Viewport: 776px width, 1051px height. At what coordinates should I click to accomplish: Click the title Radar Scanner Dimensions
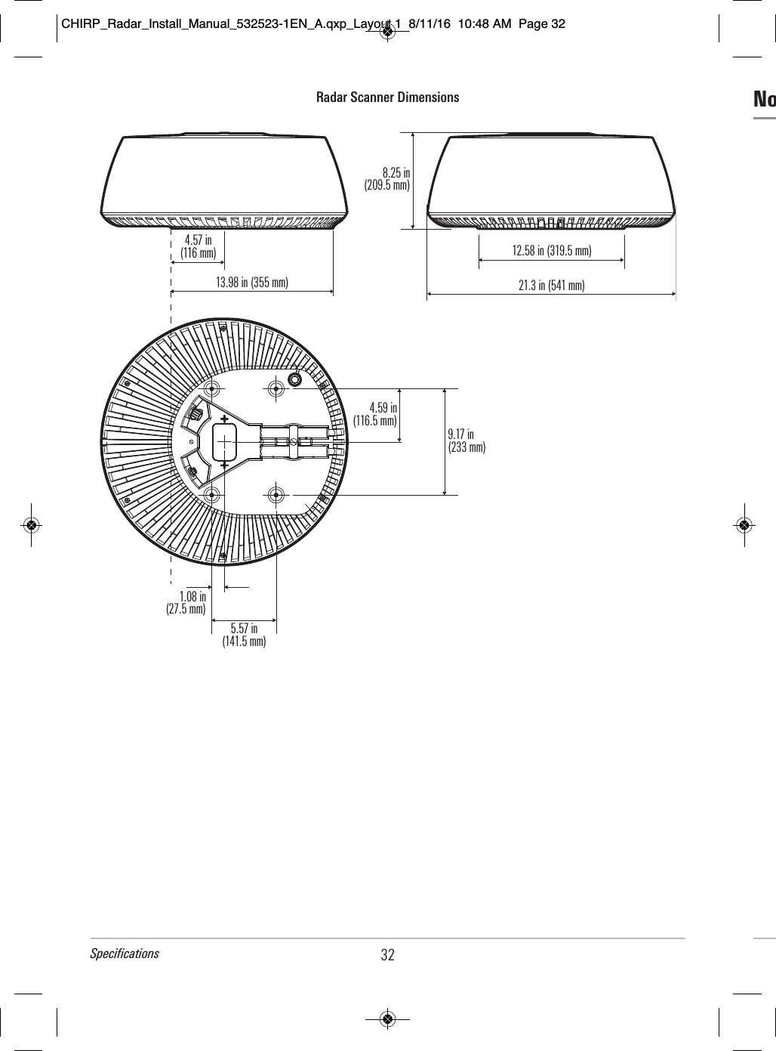pyautogui.click(x=387, y=97)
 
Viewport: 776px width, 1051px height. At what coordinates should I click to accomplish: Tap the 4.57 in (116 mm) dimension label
pyautogui.click(x=198, y=246)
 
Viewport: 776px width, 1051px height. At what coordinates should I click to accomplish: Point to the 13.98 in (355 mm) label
pyautogui.click(x=252, y=283)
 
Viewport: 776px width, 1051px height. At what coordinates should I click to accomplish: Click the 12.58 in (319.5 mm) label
pyautogui.click(x=552, y=250)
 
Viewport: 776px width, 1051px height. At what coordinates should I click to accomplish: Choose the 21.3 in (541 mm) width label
pyautogui.click(x=552, y=285)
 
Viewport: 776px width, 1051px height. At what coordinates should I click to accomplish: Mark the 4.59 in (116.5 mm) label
pyautogui.click(x=376, y=414)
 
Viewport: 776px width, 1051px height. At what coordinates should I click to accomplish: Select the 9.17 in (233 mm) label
pyautogui.click(x=467, y=440)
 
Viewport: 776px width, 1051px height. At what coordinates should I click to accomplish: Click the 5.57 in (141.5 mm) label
pyautogui.click(x=244, y=635)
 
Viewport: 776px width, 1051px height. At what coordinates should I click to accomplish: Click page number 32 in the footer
pyautogui.click(x=387, y=955)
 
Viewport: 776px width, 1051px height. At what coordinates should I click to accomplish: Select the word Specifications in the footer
pyautogui.click(x=125, y=953)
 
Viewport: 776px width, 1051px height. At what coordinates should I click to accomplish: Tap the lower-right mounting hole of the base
pyautogui.click(x=276, y=494)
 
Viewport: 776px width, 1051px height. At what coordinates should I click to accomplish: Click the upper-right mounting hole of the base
pyautogui.click(x=276, y=388)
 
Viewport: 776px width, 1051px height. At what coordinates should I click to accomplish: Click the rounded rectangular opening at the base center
pyautogui.click(x=225, y=440)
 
